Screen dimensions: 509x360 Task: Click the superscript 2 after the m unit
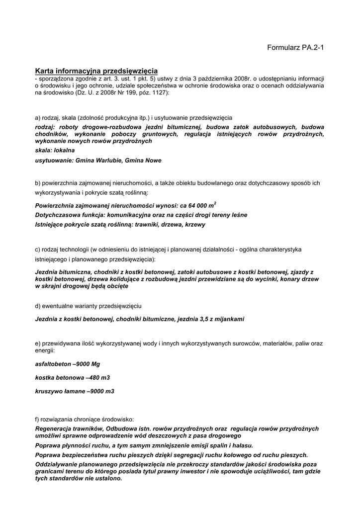pos(215,203)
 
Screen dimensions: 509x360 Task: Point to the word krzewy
pos(195,224)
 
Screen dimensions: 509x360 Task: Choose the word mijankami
pos(227,319)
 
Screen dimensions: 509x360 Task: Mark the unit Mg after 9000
pos(95,364)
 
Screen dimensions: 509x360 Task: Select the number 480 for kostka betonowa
pos(94,378)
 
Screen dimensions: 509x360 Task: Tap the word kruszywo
pos(48,391)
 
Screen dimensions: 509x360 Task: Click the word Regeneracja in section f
pos(55,428)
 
